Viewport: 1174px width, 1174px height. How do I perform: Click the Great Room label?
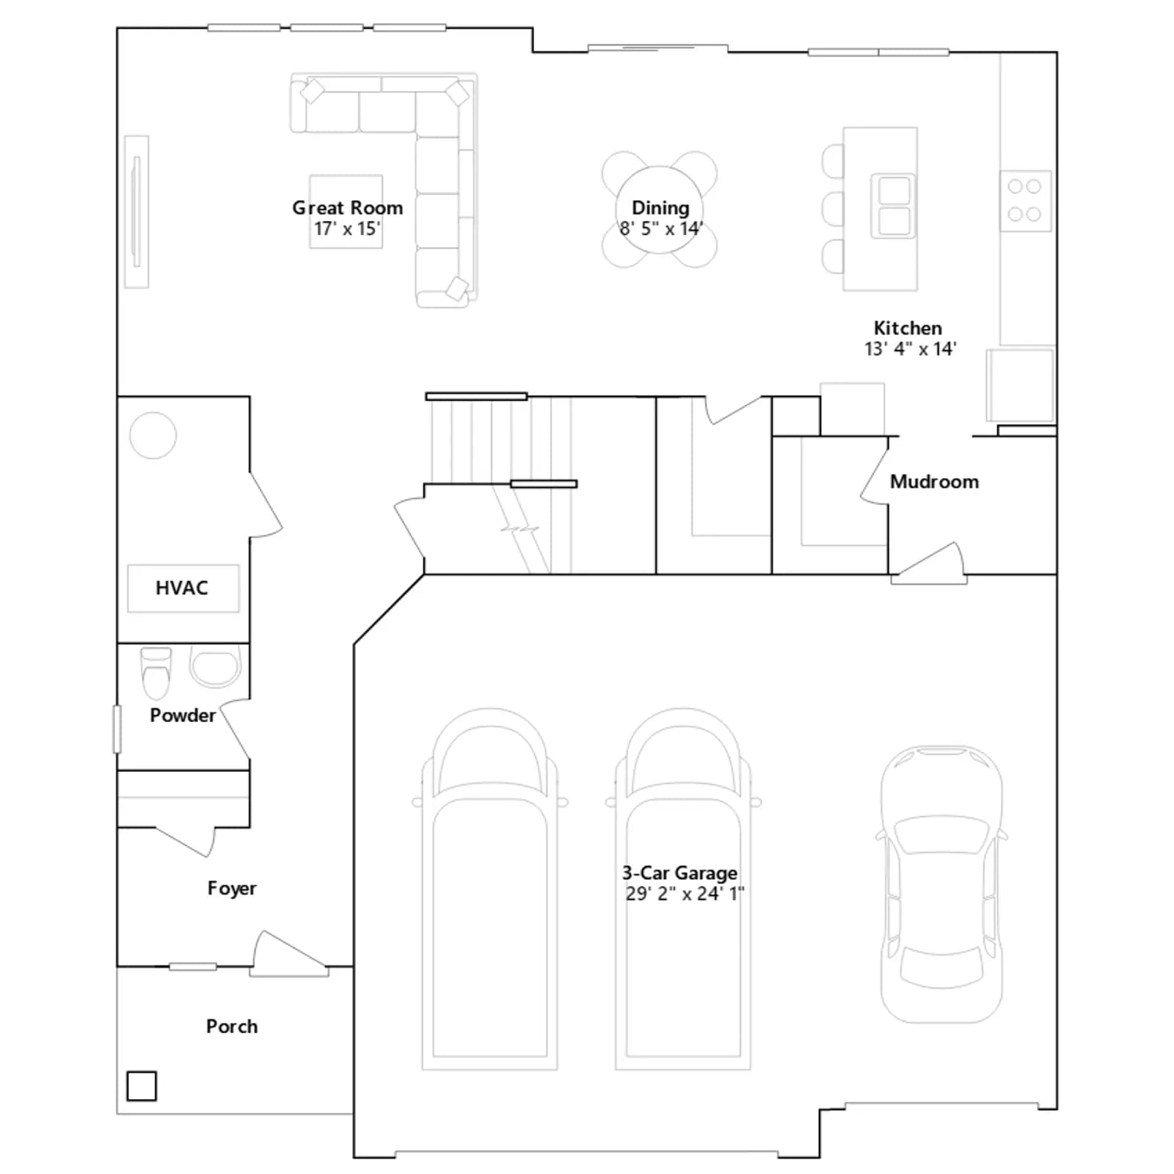[348, 208]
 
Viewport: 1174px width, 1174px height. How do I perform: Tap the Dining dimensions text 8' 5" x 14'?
[661, 228]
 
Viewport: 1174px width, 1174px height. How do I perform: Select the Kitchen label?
[908, 328]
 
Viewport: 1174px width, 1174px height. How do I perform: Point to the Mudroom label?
[934, 481]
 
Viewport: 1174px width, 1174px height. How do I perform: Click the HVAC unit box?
[183, 588]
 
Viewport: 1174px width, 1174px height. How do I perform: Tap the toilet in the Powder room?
[156, 673]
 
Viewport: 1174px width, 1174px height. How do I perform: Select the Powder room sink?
[216, 666]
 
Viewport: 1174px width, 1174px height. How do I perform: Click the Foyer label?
[232, 888]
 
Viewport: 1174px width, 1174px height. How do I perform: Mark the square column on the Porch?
[142, 1086]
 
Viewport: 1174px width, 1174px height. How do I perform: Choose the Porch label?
[232, 1026]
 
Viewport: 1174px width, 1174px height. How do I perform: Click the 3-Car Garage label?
[679, 872]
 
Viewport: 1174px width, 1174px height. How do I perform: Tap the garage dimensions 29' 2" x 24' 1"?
[685, 893]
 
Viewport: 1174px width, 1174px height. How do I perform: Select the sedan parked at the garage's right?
[941, 884]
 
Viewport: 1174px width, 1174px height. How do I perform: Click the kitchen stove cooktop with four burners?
[1025, 200]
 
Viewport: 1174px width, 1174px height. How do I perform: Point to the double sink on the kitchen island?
[893, 206]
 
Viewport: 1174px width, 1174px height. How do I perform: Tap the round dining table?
[659, 209]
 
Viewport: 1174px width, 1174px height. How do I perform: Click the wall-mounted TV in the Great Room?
[136, 212]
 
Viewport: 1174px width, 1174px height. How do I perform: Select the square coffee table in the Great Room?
[346, 211]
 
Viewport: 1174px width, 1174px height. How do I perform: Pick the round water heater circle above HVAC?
[153, 435]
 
